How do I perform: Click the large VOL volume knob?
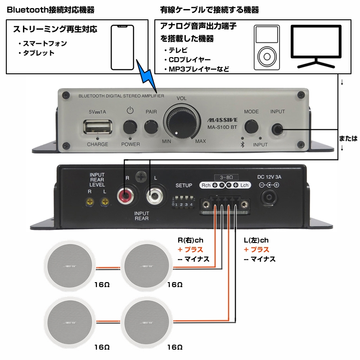point(180,120)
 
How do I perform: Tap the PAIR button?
point(150,126)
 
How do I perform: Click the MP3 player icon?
point(266,48)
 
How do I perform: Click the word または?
point(348,138)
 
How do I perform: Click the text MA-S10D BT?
point(219,127)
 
